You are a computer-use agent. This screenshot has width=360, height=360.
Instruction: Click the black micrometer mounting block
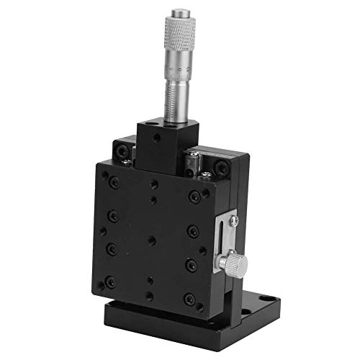161,144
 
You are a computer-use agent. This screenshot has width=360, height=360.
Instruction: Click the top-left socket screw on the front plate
114,183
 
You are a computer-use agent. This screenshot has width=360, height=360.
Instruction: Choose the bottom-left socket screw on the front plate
110,282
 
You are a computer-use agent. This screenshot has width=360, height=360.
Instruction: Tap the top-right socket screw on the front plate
194,197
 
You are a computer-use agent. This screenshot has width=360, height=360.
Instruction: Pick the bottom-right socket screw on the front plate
189,299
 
